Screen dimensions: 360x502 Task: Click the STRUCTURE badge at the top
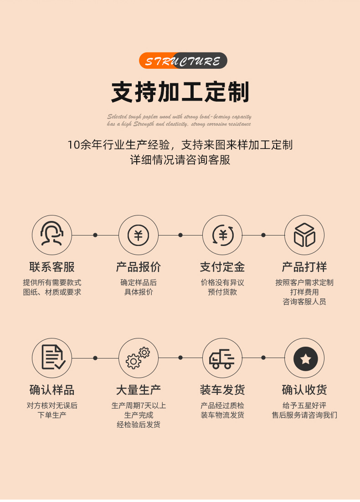[x=183, y=61]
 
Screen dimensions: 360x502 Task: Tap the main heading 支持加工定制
[x=180, y=92]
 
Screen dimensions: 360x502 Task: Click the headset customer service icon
[x=52, y=235]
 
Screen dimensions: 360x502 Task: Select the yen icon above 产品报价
[x=138, y=235]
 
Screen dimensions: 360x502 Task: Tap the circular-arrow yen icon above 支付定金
[x=222, y=235]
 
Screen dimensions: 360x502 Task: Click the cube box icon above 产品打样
[x=304, y=235]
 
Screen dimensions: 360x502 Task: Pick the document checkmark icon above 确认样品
[x=52, y=358]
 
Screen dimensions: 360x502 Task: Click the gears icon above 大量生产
[x=138, y=358]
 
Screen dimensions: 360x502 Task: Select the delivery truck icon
[x=222, y=358]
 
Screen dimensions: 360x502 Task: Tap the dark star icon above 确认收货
[x=304, y=359]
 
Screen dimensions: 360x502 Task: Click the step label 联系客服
[x=52, y=267]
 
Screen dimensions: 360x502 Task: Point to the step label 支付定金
[x=222, y=267]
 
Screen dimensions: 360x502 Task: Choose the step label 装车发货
[x=222, y=390]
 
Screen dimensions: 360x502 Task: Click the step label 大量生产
[x=138, y=390]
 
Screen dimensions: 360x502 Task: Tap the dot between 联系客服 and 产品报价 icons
[x=95, y=235]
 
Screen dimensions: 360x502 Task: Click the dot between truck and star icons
[x=263, y=358]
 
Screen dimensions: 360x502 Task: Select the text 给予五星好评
[x=304, y=405]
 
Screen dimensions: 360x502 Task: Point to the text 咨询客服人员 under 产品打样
[x=304, y=302]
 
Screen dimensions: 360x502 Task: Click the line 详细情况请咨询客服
[x=180, y=160]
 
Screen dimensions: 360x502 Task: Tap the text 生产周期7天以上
[x=139, y=405]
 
